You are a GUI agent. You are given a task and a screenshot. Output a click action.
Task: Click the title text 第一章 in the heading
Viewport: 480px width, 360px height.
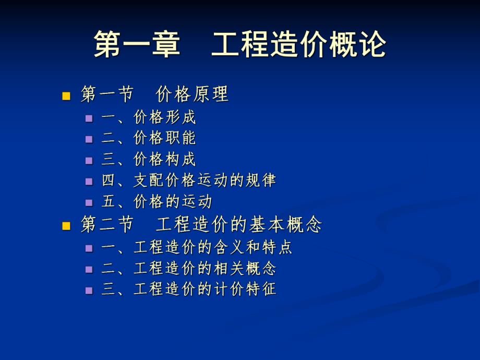137,45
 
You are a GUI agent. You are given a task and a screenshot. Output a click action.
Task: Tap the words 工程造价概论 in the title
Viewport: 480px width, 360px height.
298,45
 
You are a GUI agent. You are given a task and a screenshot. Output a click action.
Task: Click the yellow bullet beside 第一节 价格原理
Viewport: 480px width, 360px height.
66,96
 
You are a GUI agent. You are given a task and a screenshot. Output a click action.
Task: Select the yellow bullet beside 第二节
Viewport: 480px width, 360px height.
66,226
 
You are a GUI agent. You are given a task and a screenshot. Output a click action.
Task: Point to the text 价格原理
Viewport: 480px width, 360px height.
192,94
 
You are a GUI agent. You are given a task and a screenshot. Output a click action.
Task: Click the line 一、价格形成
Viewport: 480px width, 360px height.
149,117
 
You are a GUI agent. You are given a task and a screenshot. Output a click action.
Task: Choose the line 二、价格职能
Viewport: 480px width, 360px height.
149,138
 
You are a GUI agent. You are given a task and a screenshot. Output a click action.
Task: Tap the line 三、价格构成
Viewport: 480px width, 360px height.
149,160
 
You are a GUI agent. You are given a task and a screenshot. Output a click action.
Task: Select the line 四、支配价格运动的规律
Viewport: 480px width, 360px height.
188,181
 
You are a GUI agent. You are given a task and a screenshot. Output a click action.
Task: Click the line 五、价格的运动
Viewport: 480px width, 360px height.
157,201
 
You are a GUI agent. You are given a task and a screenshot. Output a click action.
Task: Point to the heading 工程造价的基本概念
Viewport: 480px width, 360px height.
239,225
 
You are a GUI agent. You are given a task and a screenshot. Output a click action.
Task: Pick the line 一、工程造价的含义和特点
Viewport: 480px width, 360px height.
197,247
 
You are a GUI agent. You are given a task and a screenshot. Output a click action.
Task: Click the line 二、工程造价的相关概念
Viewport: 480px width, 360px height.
189,268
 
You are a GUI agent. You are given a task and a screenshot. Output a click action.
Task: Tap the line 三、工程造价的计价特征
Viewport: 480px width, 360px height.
189,289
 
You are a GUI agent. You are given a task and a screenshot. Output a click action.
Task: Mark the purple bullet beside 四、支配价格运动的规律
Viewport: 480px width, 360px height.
89,182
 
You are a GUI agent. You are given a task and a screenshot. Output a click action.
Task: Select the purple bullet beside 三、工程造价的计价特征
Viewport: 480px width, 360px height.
89,290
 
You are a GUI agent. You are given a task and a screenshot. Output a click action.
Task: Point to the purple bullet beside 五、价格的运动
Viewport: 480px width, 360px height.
89,202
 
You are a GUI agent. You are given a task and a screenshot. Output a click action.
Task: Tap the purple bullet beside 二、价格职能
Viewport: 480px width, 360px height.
89,139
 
